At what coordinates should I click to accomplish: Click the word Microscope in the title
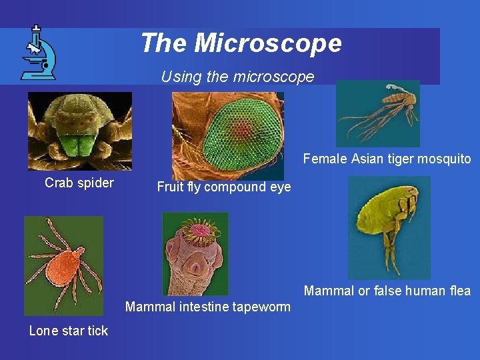pyautogui.click(x=268, y=43)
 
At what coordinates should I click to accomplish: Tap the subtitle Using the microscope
pyautogui.click(x=237, y=77)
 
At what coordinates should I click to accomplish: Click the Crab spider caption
pyautogui.click(x=79, y=183)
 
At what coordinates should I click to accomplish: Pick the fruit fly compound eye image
pyautogui.click(x=228, y=135)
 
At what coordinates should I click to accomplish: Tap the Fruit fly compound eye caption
pyautogui.click(x=224, y=187)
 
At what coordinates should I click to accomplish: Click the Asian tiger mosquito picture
pyautogui.click(x=377, y=113)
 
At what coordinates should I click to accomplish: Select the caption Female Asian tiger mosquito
pyautogui.click(x=387, y=159)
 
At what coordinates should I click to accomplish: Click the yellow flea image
pyautogui.click(x=389, y=227)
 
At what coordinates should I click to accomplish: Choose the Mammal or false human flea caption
pyautogui.click(x=387, y=291)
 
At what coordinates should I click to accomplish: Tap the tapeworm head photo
pyautogui.click(x=195, y=254)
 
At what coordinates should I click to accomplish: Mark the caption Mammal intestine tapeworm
pyautogui.click(x=208, y=307)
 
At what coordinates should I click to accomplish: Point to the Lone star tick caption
pyautogui.click(x=69, y=331)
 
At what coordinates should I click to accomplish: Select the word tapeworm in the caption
pyautogui.click(x=265, y=307)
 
